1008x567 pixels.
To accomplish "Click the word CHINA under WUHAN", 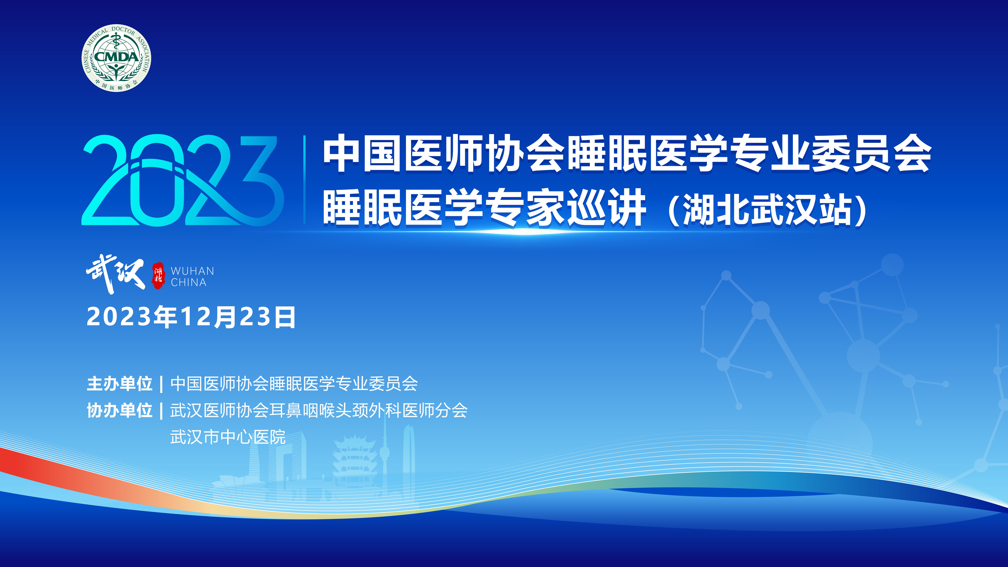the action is click(189, 282).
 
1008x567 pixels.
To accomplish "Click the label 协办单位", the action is click(119, 410).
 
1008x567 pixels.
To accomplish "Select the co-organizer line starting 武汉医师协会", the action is click(319, 410).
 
